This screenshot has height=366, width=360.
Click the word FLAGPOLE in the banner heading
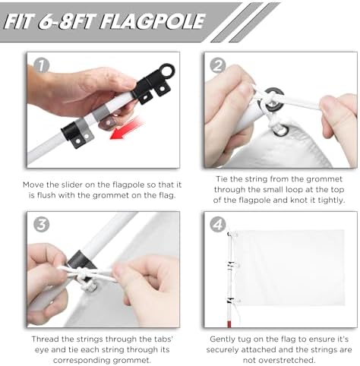coord(153,21)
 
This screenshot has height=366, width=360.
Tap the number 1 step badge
coord(41,65)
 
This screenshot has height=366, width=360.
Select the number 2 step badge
coord(218,65)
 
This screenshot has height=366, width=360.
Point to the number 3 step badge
coord(41,225)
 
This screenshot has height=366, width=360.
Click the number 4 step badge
coord(218,225)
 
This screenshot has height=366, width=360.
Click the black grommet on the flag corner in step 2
coord(281,130)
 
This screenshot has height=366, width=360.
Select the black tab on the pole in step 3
coord(81,263)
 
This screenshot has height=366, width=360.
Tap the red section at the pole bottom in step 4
coord(229,323)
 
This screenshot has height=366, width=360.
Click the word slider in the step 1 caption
coord(72,185)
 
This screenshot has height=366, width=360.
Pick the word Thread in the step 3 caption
coord(45,339)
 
